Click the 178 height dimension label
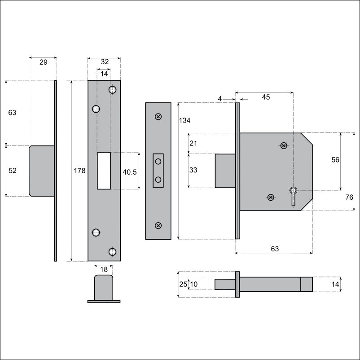(x=79, y=171)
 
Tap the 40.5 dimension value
(x=129, y=172)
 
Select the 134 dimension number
(x=184, y=120)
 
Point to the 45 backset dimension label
(x=266, y=97)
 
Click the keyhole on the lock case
(x=293, y=196)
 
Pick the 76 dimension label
(x=349, y=197)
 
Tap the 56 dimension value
(x=335, y=160)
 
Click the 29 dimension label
(x=44, y=62)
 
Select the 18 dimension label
(x=104, y=269)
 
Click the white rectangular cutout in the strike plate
(x=104, y=171)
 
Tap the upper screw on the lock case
(x=284, y=145)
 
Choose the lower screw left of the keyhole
(x=271, y=197)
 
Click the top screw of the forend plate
(x=158, y=117)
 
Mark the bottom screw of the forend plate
(x=158, y=225)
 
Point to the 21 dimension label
(x=193, y=143)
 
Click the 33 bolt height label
(x=193, y=170)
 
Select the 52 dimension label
(x=13, y=171)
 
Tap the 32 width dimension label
(x=105, y=61)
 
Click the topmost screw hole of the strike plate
(x=112, y=89)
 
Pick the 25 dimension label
(x=183, y=284)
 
